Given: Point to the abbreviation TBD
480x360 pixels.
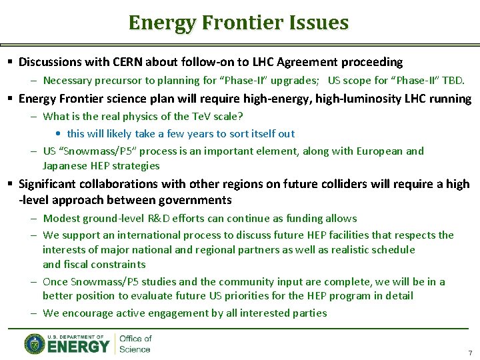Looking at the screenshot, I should (x=453, y=81).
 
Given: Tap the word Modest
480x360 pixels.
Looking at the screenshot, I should (x=61, y=218).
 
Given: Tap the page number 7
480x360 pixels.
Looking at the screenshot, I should (x=469, y=353).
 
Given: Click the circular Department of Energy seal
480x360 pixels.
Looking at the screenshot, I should (x=35, y=344).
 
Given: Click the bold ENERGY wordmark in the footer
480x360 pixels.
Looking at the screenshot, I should (x=79, y=346).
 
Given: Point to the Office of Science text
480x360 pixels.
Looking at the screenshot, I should (x=135, y=344).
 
